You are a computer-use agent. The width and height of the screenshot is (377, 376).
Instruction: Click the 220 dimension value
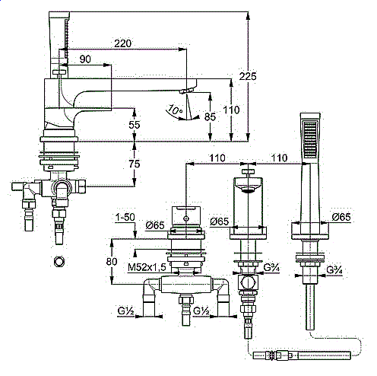(122, 43)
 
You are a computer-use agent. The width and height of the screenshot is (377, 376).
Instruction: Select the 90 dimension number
(85, 59)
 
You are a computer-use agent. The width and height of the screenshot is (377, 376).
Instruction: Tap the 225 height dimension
(248, 76)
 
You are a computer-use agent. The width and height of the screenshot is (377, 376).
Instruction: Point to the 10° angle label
(175, 110)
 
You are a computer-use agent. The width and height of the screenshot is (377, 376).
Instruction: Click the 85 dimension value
(211, 117)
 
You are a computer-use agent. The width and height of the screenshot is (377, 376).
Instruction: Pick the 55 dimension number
(135, 125)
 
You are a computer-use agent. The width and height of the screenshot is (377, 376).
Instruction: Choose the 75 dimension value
(135, 164)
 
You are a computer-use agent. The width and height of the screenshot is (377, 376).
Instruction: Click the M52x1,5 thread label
(147, 267)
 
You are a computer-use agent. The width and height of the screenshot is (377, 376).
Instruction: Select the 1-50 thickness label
(125, 218)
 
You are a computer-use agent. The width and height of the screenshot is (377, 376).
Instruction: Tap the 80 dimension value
(112, 261)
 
